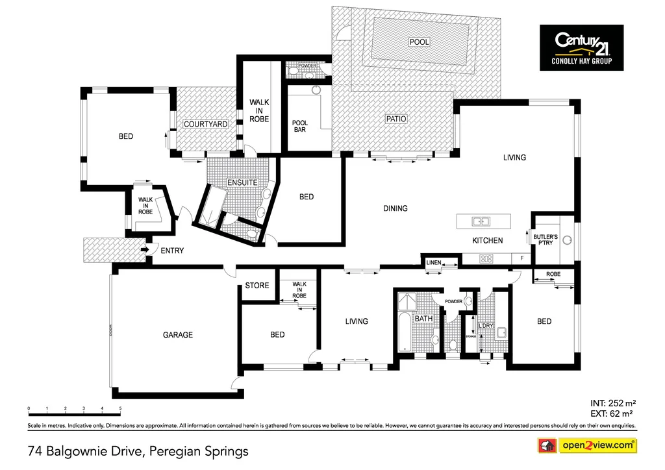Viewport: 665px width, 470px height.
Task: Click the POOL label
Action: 419,42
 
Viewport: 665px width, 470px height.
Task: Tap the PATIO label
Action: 395,119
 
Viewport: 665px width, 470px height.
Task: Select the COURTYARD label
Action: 205,124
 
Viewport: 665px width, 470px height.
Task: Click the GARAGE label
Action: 177,335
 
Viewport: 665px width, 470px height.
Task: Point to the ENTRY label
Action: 172,251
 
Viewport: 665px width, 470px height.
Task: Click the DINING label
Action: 395,208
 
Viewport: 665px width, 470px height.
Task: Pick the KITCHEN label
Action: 487,241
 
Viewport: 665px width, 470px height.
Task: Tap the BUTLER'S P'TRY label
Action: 546,240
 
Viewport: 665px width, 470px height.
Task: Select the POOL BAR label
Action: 299,126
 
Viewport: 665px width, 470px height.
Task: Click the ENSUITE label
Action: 242,183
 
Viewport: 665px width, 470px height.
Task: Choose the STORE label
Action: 257,286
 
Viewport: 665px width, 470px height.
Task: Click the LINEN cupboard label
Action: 433,262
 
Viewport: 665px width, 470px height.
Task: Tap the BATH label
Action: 423,319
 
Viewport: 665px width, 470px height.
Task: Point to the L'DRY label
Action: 486,326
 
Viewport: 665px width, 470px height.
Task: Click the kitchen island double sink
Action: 481,221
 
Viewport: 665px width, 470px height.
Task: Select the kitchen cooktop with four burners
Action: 486,259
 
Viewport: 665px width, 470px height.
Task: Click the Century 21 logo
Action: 581,47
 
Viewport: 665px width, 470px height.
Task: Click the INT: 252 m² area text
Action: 611,402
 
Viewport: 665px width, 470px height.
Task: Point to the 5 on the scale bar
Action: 121,409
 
